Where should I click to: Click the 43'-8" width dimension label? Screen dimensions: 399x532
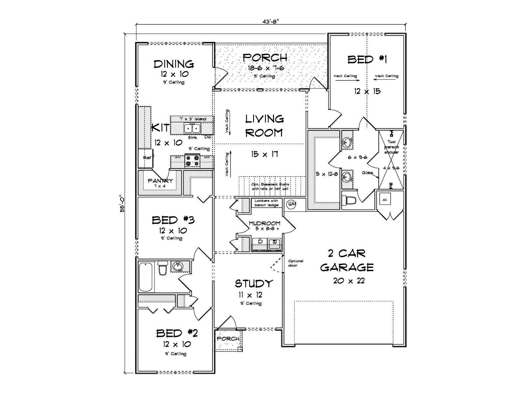[270, 21]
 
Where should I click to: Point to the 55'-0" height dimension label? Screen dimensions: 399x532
[122, 203]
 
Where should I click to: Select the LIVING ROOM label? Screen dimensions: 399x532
[264, 126]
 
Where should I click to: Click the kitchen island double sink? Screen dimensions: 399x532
[193, 128]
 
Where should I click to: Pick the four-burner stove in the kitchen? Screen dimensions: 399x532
[193, 161]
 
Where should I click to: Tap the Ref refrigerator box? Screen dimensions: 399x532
[146, 158]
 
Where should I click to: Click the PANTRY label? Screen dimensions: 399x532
[161, 181]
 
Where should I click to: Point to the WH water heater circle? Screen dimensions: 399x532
[291, 203]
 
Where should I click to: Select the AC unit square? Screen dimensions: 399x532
[385, 200]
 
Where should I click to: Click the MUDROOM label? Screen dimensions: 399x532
[265, 223]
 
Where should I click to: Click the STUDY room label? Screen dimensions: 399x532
[254, 284]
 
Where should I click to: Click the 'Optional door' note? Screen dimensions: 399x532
[296, 263]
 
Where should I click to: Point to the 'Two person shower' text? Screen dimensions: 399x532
[391, 147]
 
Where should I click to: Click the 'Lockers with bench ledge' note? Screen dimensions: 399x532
[266, 203]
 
